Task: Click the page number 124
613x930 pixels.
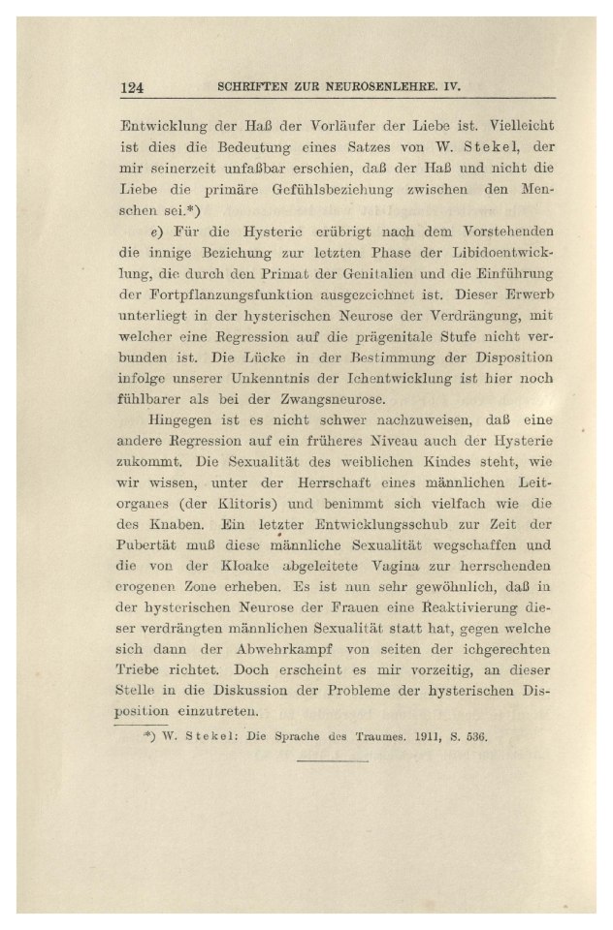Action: (x=132, y=87)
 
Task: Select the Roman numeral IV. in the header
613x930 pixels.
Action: (x=448, y=87)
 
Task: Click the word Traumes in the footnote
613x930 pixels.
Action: (x=351, y=735)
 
